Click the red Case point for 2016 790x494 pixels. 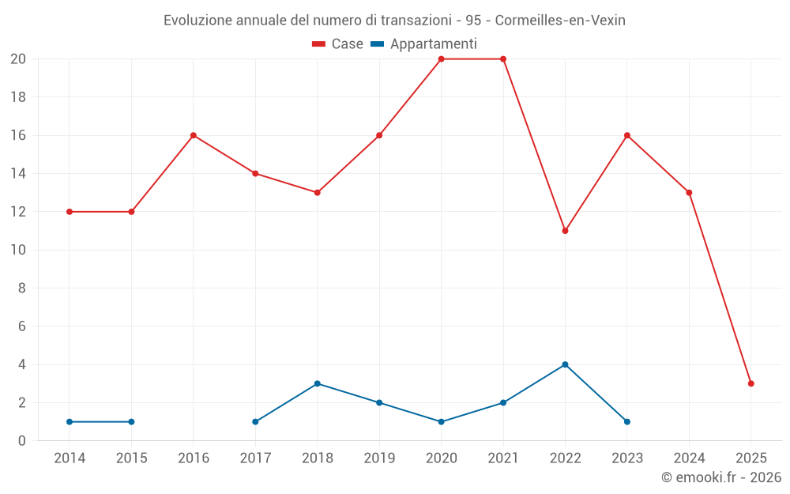(x=194, y=135)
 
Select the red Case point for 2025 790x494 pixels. (x=751, y=383)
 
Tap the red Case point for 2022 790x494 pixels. (x=565, y=231)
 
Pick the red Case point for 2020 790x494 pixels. (x=441, y=59)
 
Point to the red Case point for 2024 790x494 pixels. (x=689, y=193)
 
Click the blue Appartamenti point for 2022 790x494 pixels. (x=565, y=364)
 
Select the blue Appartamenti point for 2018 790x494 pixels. (x=317, y=383)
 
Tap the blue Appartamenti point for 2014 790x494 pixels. (x=70, y=422)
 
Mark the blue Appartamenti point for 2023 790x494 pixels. (x=627, y=422)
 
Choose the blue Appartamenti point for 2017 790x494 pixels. (x=255, y=422)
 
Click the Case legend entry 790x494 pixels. (x=338, y=44)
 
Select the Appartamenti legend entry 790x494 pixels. (x=424, y=44)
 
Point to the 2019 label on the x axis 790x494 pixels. (x=379, y=458)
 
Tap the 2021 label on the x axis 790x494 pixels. (x=503, y=458)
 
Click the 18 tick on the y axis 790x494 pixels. (x=18, y=97)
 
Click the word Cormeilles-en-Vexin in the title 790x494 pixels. (x=560, y=21)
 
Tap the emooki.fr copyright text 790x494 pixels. (x=721, y=477)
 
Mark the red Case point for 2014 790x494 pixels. (x=70, y=212)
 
